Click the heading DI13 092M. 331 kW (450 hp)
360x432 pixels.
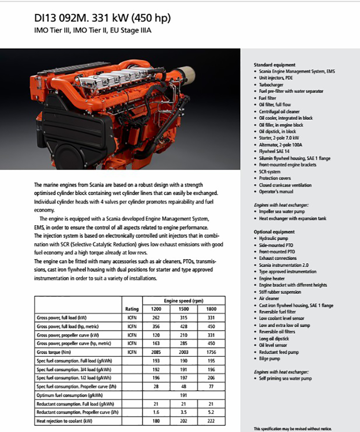coord(102,18)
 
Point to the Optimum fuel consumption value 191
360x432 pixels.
coord(184,395)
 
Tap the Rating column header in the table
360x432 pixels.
coord(132,309)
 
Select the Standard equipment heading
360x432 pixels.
coord(275,65)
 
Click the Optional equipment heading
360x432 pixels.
coord(274,232)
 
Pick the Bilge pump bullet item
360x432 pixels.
coord(269,359)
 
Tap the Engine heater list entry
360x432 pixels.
coord(272,278)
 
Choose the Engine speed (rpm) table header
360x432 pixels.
coord(184,301)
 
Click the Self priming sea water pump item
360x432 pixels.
coord(285,379)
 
